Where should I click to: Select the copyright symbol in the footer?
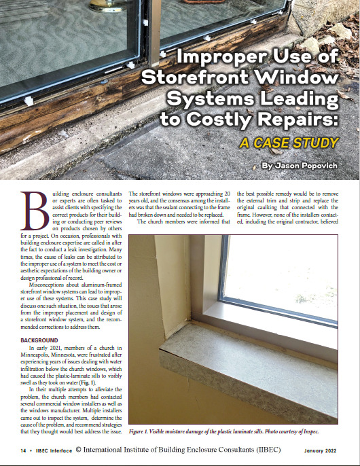pyautogui.click(x=79, y=450)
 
